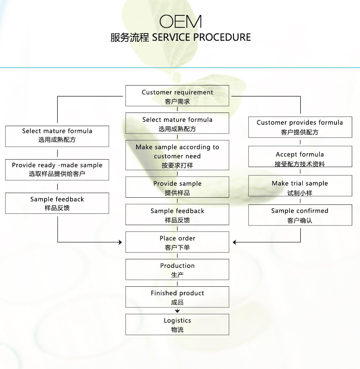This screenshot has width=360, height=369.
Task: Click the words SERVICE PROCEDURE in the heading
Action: pos(201,37)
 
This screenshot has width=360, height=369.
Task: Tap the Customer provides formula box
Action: pos(300,127)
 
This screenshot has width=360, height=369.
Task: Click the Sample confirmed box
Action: pos(300,215)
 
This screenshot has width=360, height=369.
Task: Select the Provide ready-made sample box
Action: pos(57,170)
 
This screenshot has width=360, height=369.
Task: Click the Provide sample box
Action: pos(177,187)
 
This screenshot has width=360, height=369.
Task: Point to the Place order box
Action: pos(177,242)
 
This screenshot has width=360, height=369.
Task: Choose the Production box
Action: pos(177,269)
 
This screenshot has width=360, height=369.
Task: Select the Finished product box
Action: pos(177,297)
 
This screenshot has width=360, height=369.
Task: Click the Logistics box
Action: pos(177,324)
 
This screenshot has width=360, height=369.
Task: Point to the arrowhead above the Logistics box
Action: pos(178,311)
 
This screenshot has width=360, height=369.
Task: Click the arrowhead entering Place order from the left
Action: pos(120,242)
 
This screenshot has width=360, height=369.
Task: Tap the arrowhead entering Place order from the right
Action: pos(235,242)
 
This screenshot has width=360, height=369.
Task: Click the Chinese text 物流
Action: pos(177,329)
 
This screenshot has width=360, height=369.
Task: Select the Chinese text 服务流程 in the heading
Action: pos(130,37)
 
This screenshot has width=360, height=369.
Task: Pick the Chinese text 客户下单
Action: pos(177,247)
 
